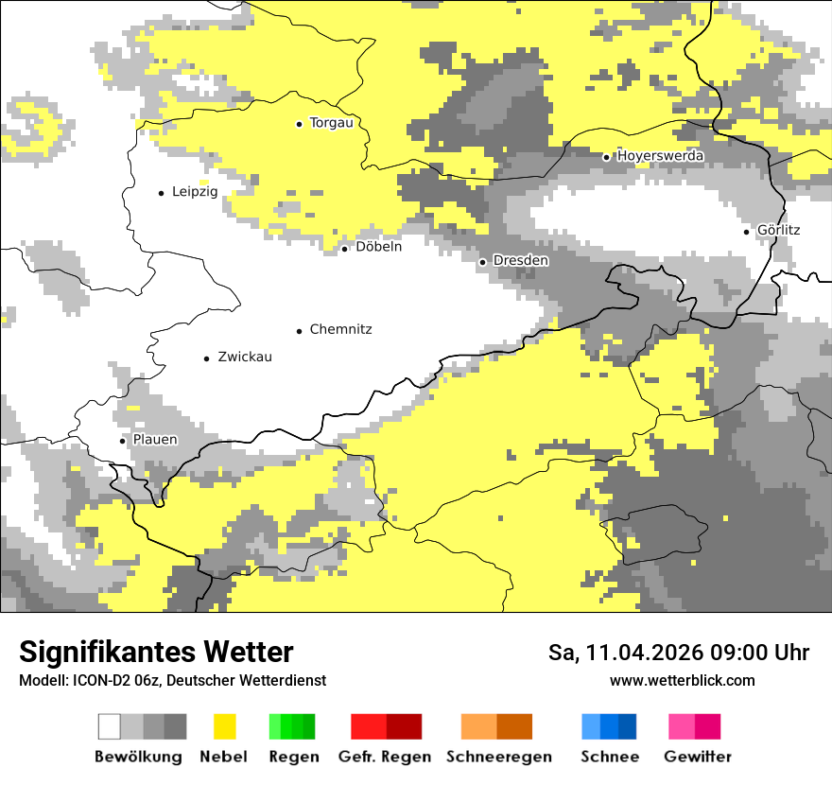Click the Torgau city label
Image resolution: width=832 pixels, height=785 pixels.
331,123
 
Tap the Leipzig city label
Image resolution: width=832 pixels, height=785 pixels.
195,192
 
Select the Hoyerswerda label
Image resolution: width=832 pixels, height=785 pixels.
660,156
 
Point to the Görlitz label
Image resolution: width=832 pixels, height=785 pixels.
778,231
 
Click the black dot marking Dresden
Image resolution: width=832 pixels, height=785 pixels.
483,261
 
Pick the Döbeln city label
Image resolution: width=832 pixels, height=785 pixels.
378,247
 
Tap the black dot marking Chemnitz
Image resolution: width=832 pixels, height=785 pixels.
300,331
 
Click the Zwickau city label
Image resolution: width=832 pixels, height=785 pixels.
244,358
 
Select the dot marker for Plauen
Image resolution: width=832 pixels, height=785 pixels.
122,441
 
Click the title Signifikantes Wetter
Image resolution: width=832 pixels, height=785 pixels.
156,653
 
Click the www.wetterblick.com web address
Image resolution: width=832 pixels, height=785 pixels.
682,681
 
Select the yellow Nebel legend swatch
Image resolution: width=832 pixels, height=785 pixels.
224,726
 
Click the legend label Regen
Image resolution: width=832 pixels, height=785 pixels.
292,757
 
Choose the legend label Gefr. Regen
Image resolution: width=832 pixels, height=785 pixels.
385,757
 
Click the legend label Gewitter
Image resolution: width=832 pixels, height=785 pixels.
697,757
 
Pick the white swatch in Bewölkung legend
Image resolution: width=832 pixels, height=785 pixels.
110,726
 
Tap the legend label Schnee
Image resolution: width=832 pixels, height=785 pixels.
609,757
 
